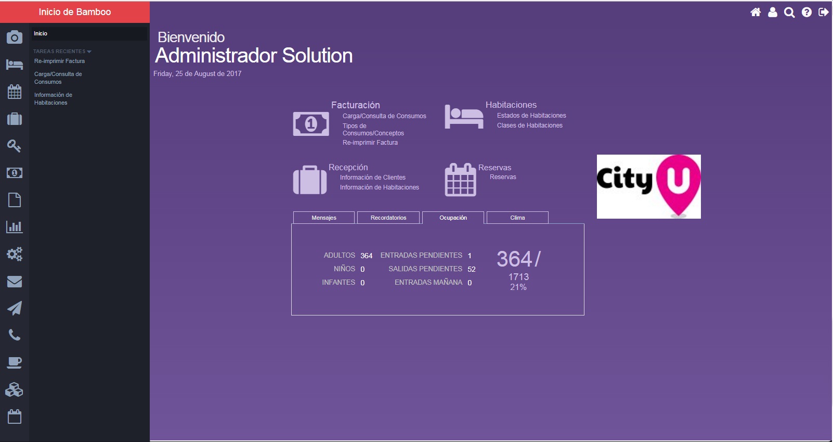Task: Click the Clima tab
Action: pyautogui.click(x=517, y=218)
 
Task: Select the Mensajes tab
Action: pyautogui.click(x=324, y=218)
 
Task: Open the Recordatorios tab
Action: pyautogui.click(x=388, y=218)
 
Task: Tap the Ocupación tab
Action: pyautogui.click(x=453, y=218)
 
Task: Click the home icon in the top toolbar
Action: pyautogui.click(x=756, y=12)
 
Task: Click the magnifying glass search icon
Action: pyautogui.click(x=789, y=12)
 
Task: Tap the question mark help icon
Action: pyautogui.click(x=806, y=12)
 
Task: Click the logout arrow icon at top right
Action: pyautogui.click(x=823, y=12)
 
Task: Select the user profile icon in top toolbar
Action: pyautogui.click(x=772, y=12)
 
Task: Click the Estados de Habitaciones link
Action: pyautogui.click(x=531, y=116)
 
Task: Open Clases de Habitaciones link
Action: pyautogui.click(x=529, y=125)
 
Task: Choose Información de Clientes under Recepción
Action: pyautogui.click(x=373, y=177)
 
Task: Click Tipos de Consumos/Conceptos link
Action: pyautogui.click(x=373, y=129)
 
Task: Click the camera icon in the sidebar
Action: pyautogui.click(x=15, y=37)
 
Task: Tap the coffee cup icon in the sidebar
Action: pyautogui.click(x=15, y=362)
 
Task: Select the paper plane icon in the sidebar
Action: pyautogui.click(x=15, y=308)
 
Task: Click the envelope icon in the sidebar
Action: pyautogui.click(x=15, y=282)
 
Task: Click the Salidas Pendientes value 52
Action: pyautogui.click(x=472, y=269)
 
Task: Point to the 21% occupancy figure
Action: pyautogui.click(x=518, y=287)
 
